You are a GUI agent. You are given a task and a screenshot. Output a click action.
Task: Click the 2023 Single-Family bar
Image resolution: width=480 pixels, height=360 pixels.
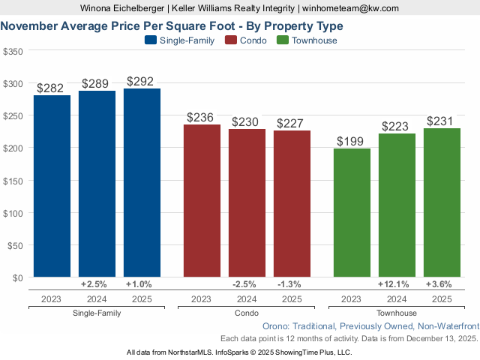click(x=52, y=186)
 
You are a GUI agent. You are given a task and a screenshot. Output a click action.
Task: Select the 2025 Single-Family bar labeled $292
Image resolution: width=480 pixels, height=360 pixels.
click(x=142, y=183)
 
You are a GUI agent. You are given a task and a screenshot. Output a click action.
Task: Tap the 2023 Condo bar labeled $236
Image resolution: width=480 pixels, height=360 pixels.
click(x=202, y=201)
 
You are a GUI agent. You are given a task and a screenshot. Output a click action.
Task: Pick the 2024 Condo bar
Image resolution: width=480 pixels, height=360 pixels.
click(x=247, y=202)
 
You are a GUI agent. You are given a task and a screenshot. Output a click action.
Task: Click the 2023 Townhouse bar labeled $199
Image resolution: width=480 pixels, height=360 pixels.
click(x=352, y=213)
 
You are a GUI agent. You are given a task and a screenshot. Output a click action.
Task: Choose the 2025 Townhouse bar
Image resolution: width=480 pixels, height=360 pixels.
click(x=442, y=202)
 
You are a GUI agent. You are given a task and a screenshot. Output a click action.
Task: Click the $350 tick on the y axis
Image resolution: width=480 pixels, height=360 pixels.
click(x=13, y=51)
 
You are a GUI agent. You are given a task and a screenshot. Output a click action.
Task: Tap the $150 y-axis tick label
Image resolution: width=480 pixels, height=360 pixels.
click(x=13, y=180)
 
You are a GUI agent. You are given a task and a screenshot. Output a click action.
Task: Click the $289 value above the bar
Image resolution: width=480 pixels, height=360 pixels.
click(x=97, y=83)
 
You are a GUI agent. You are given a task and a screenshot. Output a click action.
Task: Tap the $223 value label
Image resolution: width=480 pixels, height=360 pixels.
click(x=397, y=126)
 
